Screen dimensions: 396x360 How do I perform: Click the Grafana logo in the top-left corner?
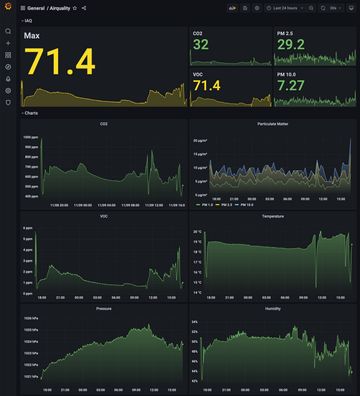[x=8, y=8]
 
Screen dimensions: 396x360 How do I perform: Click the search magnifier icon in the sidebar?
[x=8, y=31]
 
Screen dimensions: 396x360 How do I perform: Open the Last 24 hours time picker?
[x=280, y=8]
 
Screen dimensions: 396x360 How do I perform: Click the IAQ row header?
[x=28, y=20]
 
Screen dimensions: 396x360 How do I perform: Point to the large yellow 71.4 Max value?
[x=60, y=63]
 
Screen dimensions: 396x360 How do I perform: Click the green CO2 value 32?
[x=201, y=45]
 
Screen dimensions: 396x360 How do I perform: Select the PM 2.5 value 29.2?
[x=290, y=45]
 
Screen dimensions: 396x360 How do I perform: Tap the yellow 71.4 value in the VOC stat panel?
[x=207, y=86]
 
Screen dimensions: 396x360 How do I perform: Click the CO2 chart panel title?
[x=104, y=124]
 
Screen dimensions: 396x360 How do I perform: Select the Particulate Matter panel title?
[x=272, y=124]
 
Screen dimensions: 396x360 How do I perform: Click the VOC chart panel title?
[x=104, y=216]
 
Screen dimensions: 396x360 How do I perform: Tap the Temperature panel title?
[x=272, y=216]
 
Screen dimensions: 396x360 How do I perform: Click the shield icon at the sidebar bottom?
[x=8, y=102]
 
